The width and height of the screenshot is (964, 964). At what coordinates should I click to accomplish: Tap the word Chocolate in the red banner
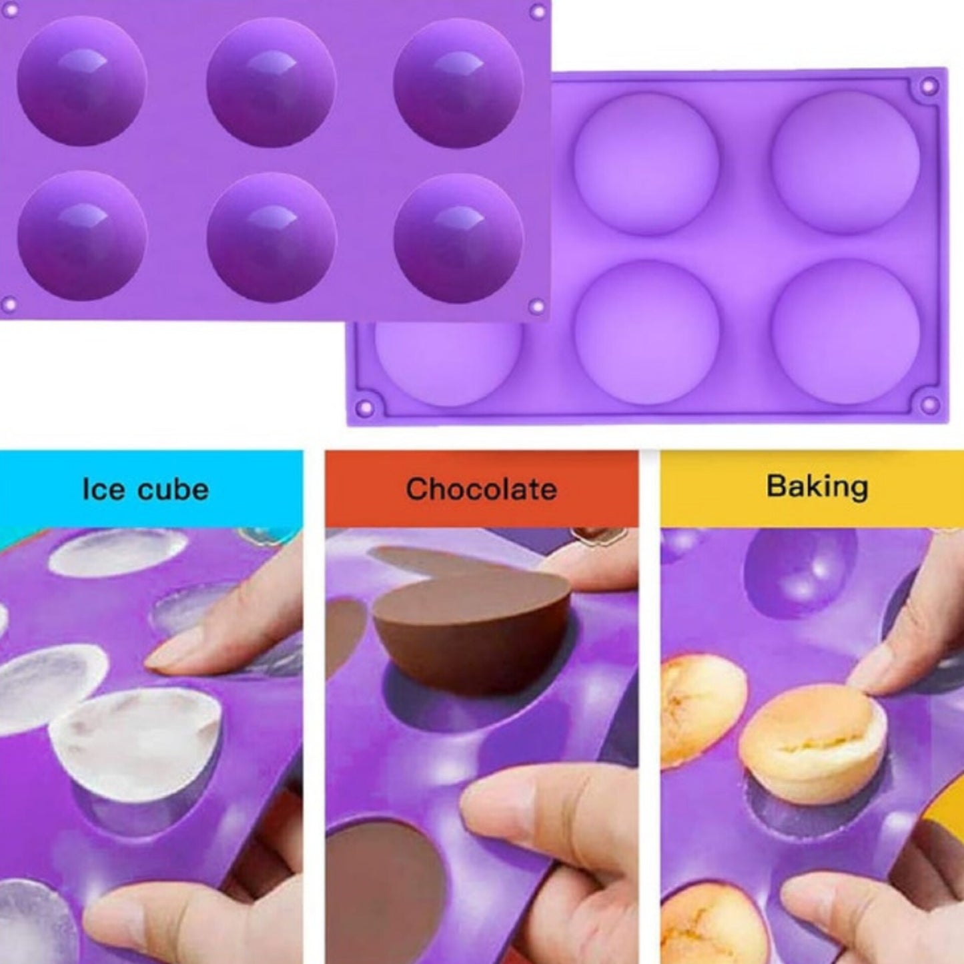point(481,489)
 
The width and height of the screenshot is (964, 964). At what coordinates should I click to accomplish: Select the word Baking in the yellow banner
point(817,488)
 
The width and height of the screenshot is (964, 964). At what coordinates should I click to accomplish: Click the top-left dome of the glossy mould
point(82,81)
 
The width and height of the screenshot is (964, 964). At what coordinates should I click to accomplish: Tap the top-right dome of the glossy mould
point(458,83)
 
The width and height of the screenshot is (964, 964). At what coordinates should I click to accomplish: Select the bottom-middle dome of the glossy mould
point(271,237)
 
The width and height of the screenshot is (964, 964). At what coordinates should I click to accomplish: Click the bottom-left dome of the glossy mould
point(82,235)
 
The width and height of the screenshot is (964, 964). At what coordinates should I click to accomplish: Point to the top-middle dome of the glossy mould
point(270,83)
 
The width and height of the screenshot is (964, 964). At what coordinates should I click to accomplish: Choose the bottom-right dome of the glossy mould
point(458,237)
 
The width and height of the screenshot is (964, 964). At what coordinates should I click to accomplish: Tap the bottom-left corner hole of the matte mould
point(367,408)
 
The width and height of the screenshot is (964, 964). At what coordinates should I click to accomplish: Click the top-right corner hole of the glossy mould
point(537,11)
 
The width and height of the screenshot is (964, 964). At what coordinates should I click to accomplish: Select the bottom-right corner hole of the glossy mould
point(536,305)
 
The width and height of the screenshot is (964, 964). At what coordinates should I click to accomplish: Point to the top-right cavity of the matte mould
point(845,163)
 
